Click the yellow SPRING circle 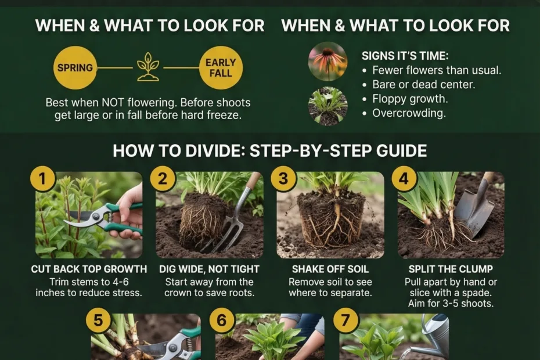75,67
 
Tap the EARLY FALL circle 221,67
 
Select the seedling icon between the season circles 148,67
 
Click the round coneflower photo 327,62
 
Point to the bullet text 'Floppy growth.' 410,99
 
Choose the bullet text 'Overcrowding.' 409,113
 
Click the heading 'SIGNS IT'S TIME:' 405,56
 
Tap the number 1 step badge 42,179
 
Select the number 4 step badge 404,179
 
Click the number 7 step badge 345,321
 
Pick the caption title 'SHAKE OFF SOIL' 330,269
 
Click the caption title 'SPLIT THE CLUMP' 451,269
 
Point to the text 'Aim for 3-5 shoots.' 451,304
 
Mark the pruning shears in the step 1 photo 103,218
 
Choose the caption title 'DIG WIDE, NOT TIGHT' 210,269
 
